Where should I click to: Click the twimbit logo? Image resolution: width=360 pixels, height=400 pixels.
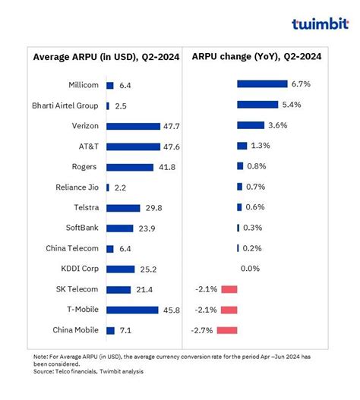click(320, 24)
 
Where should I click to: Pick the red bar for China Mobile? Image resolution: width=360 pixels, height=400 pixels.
click(227, 329)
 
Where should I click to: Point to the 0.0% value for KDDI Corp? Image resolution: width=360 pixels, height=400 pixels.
click(250, 268)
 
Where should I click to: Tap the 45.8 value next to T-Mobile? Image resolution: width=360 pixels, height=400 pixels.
click(156, 310)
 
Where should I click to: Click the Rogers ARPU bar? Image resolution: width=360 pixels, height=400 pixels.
click(120, 167)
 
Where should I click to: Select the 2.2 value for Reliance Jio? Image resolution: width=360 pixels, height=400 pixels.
click(121, 187)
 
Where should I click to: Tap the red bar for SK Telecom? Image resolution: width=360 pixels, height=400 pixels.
click(229, 288)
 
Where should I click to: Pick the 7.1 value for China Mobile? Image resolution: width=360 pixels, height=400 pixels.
click(126, 330)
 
